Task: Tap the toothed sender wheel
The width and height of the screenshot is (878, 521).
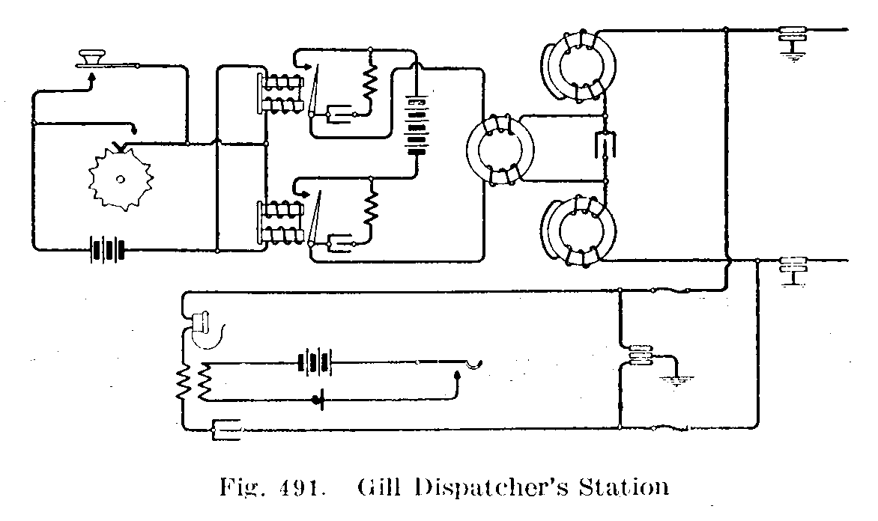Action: [120, 177]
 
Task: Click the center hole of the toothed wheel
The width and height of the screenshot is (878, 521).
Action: [120, 178]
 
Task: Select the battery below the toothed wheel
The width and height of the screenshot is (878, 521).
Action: [105, 249]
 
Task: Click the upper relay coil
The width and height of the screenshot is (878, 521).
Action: [282, 92]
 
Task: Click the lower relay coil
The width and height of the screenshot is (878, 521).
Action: [282, 221]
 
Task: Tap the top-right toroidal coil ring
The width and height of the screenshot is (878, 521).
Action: [581, 67]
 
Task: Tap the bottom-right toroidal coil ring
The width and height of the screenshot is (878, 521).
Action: [581, 231]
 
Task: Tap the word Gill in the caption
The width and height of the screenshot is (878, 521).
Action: [372, 487]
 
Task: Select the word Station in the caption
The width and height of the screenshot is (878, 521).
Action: [619, 487]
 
